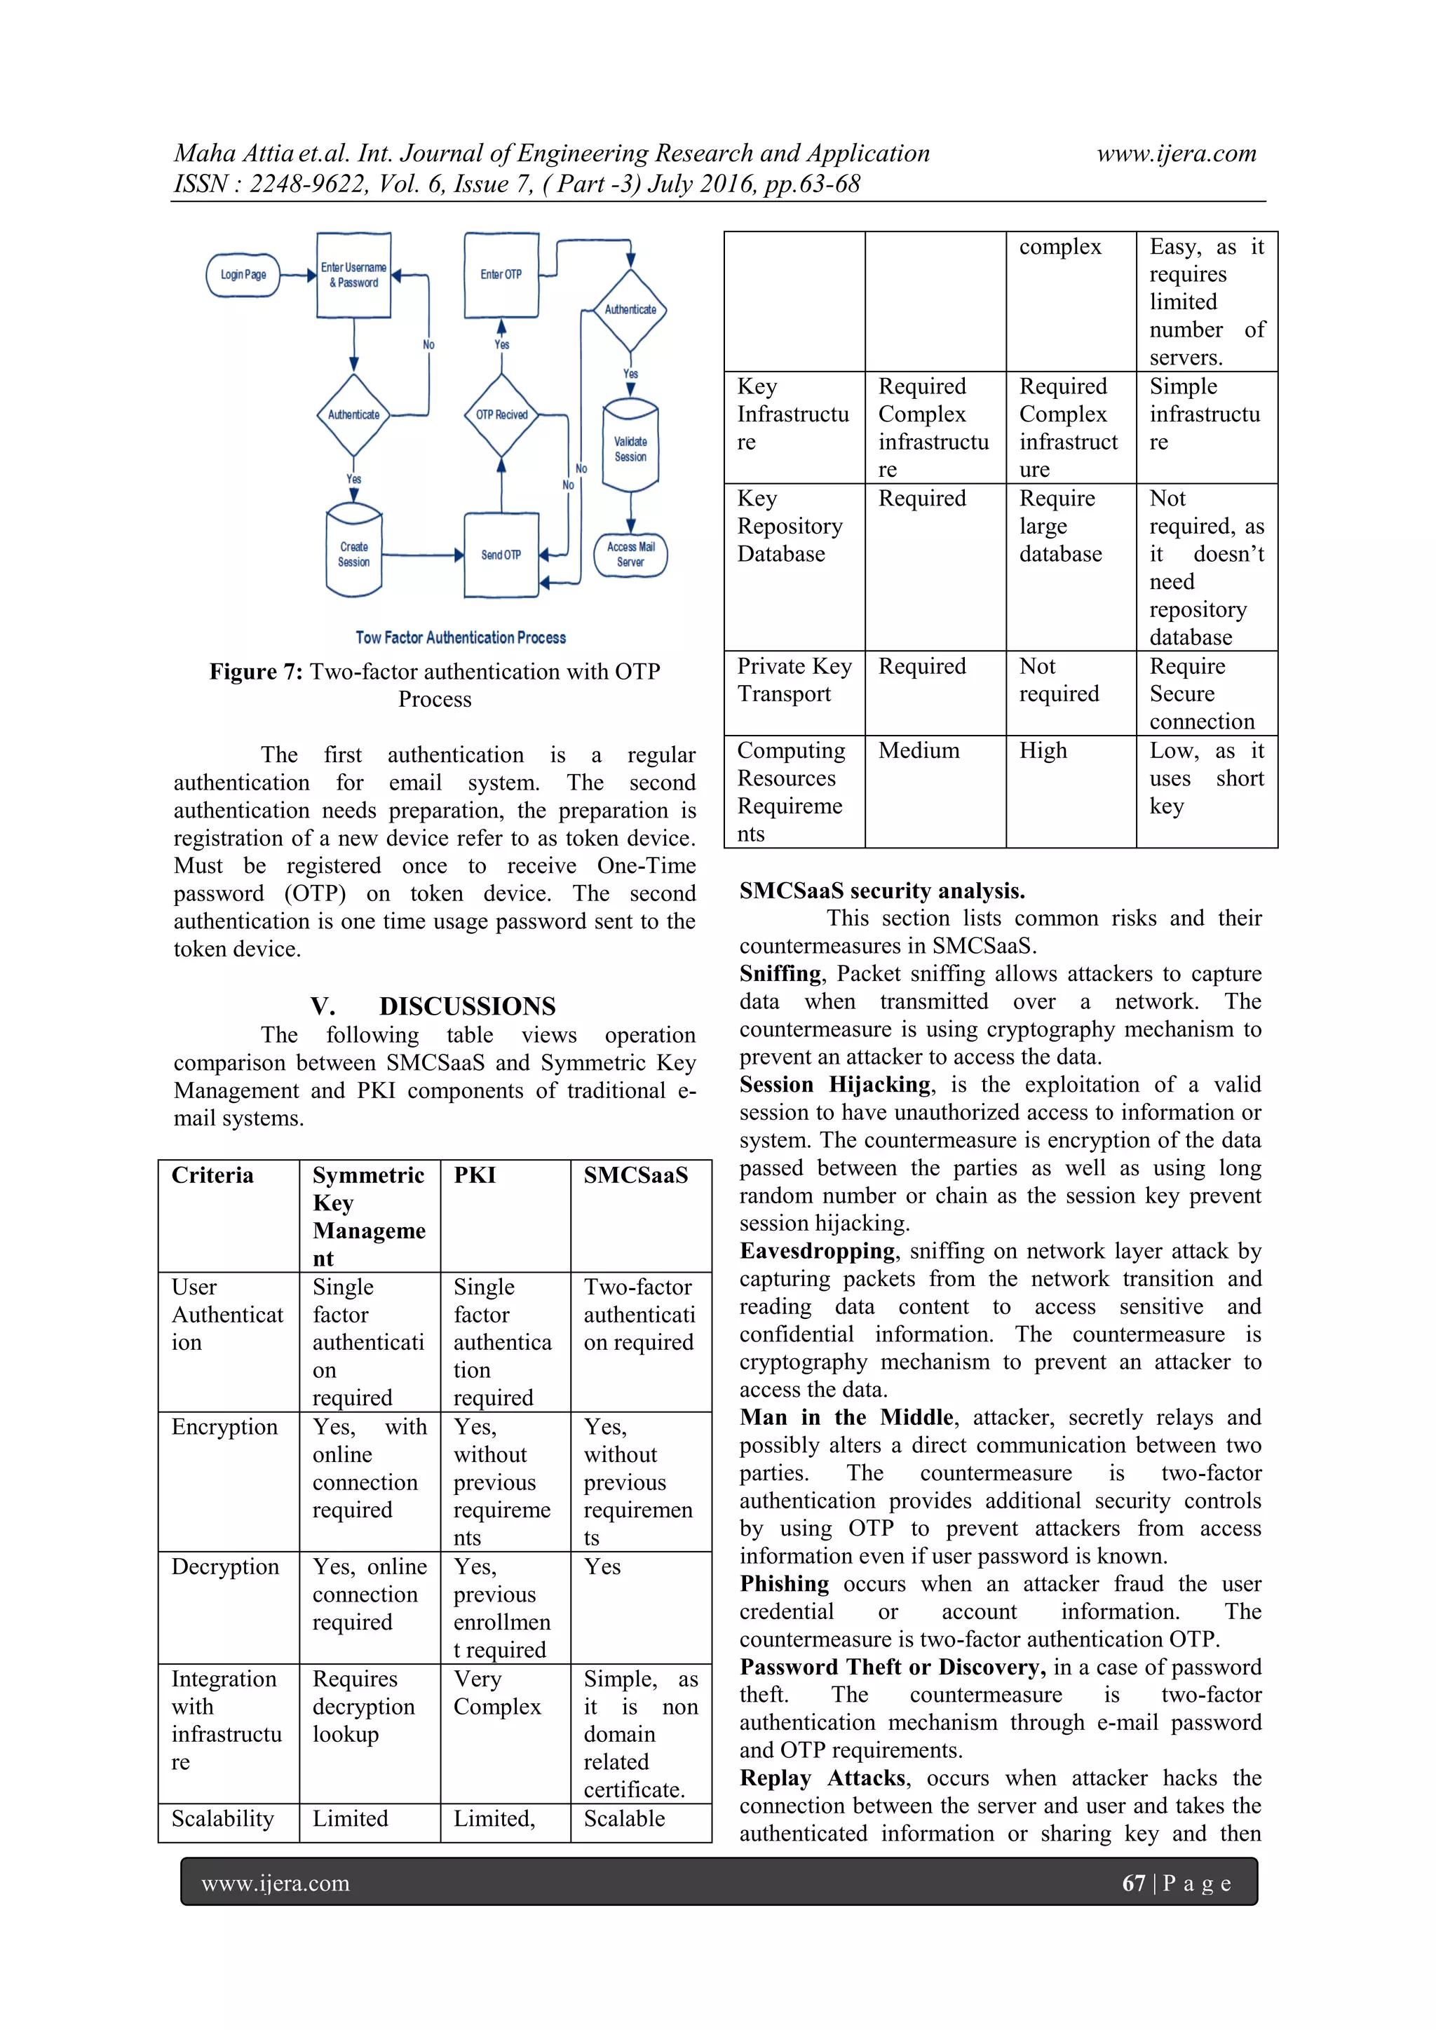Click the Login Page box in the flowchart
[x=243, y=275]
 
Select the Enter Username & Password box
[x=353, y=275]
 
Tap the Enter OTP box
[x=501, y=275]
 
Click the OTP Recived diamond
[x=501, y=414]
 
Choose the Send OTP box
[x=501, y=555]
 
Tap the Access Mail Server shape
[x=630, y=555]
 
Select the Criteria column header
[x=212, y=1175]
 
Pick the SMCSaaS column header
[x=636, y=1175]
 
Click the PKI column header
[x=475, y=1175]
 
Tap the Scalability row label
[x=223, y=1819]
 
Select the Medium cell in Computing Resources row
[x=919, y=750]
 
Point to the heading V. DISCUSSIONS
[x=433, y=1006]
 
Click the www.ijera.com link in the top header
[x=1176, y=154]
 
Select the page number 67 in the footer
[x=1134, y=1883]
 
